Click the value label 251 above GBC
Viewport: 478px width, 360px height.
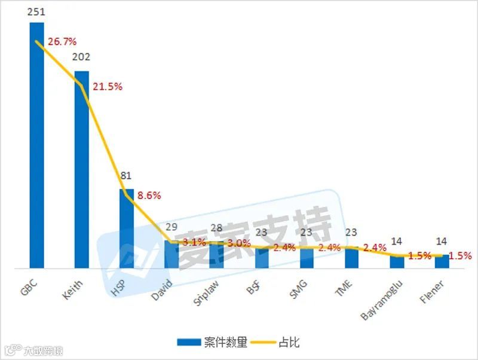click(x=37, y=11)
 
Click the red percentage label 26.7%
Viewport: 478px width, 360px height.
click(x=62, y=42)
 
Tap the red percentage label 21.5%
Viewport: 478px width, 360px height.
click(x=108, y=87)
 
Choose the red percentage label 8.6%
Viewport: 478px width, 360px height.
click(x=149, y=196)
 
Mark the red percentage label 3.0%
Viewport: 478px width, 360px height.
click(x=239, y=243)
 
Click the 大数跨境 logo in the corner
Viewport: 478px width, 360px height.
click(x=33, y=351)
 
